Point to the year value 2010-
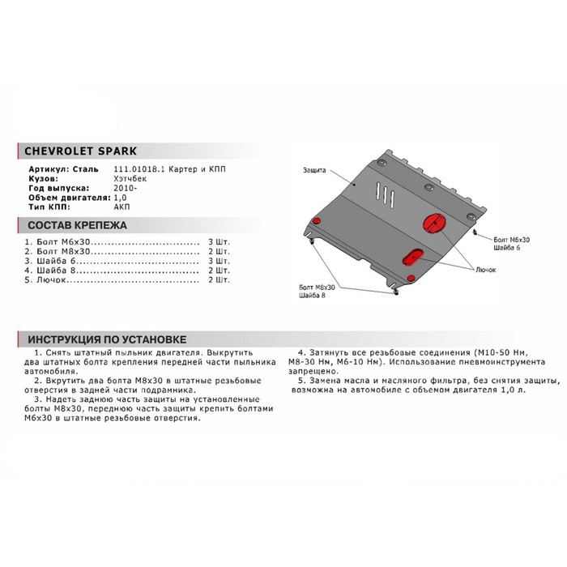pyautogui.click(x=113, y=188)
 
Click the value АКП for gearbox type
pyautogui.click(x=110, y=207)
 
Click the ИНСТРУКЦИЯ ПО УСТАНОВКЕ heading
pyautogui.click(x=106, y=339)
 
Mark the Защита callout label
pyautogui.click(x=315, y=171)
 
